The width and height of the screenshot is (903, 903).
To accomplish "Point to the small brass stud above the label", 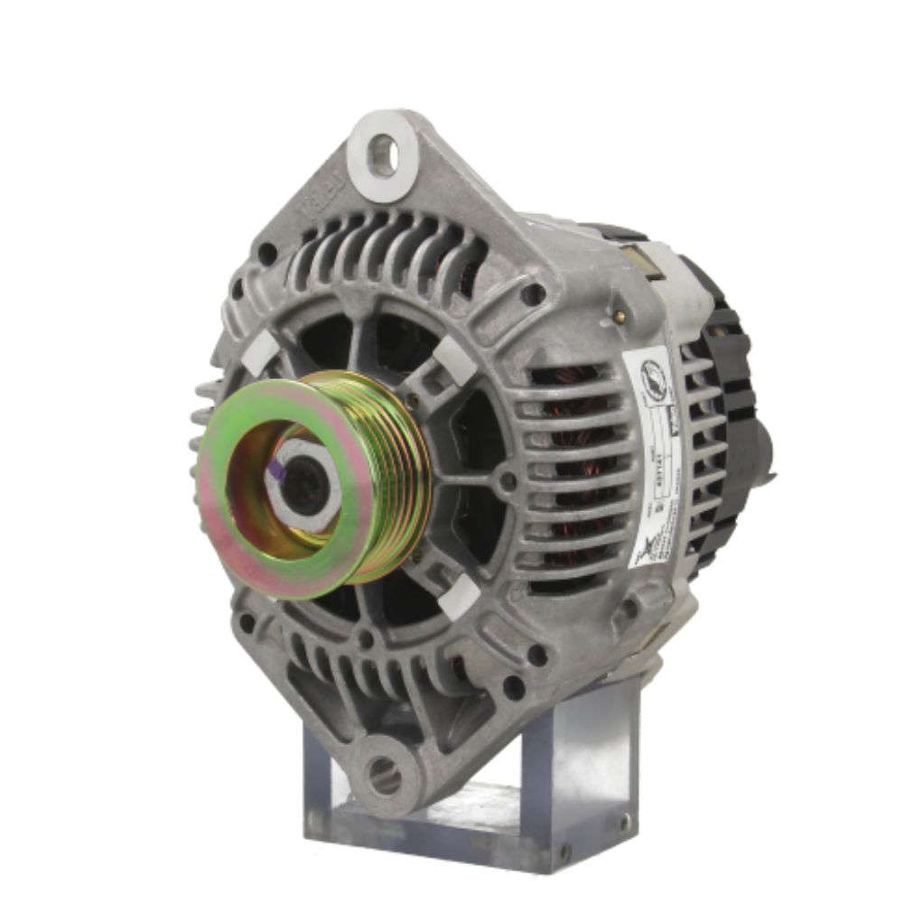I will coord(620,316).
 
